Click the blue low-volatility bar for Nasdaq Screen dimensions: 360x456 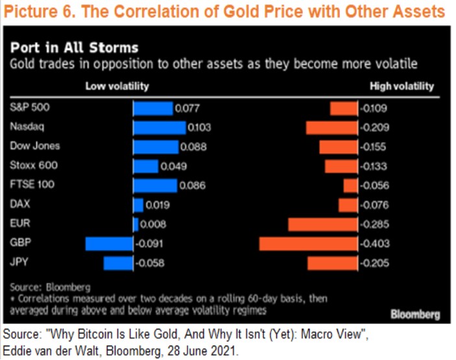point(159,127)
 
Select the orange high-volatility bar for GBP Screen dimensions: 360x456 point(308,243)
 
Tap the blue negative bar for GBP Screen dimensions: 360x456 point(109,243)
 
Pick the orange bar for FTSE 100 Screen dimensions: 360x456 point(350,186)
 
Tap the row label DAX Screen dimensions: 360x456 point(20,204)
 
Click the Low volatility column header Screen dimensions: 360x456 point(117,86)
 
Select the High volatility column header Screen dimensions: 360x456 point(402,86)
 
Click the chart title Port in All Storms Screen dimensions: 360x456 point(73,48)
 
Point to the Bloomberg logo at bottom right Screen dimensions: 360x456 point(415,314)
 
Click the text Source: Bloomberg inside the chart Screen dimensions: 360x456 point(50,286)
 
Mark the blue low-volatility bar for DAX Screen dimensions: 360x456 point(138,205)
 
